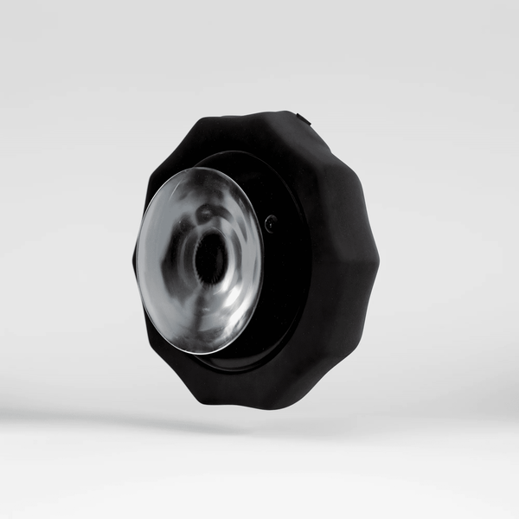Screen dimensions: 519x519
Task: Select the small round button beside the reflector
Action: pos(272,222)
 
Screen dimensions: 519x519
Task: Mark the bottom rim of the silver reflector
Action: pos(203,353)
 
